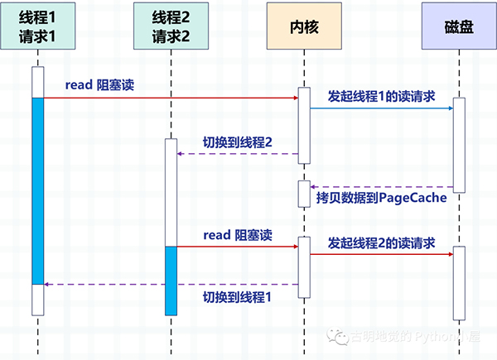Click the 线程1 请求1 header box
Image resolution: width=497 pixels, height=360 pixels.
37,28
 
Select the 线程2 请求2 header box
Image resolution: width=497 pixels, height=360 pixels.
171,28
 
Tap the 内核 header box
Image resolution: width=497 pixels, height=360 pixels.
304,28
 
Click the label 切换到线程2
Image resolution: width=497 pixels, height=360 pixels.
238,142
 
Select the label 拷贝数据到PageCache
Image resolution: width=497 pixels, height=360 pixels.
381,199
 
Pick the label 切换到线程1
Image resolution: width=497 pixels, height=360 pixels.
238,295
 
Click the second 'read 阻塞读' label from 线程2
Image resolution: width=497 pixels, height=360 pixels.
238,236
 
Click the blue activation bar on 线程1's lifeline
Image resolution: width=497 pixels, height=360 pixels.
37,190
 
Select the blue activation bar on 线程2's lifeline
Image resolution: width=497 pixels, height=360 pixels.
171,280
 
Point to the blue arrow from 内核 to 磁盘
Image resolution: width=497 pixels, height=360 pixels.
381,108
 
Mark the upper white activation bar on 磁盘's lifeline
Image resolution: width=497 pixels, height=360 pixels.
460,146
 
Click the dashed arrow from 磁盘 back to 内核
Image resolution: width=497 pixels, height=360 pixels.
381,187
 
